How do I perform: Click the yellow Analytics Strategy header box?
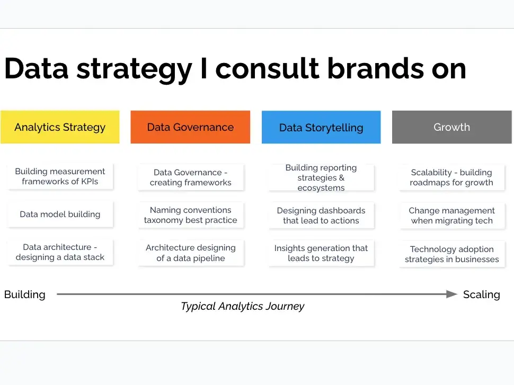point(60,127)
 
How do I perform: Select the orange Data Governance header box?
point(190,127)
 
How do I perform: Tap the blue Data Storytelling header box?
point(321,127)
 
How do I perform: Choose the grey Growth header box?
point(451,127)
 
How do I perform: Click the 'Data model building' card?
point(60,214)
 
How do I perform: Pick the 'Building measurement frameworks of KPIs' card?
point(60,176)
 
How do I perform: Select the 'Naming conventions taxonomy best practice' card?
point(191,215)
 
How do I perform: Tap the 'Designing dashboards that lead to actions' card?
point(321,216)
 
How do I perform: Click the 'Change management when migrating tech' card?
point(452,216)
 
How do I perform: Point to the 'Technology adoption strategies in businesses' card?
point(452,254)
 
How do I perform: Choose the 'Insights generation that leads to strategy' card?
point(321,253)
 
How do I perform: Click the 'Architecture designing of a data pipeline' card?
point(191,253)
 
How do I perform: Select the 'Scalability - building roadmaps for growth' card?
point(452,177)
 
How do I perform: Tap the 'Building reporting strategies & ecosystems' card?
point(321,177)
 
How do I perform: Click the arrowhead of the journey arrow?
point(451,294)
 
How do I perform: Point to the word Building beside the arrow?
point(25,294)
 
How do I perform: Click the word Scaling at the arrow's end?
point(482,294)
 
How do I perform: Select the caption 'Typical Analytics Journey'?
point(243,306)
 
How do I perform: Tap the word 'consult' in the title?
point(267,68)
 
